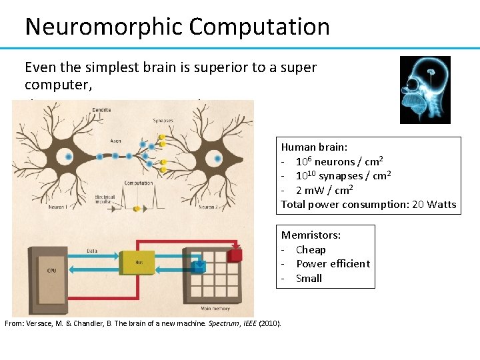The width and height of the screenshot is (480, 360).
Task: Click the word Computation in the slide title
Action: [259, 27]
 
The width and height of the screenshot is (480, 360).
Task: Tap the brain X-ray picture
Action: [425, 90]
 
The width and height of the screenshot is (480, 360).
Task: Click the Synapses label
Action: [164, 121]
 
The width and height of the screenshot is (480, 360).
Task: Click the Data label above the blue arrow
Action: [92, 251]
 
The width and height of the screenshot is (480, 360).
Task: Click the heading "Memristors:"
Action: [311, 235]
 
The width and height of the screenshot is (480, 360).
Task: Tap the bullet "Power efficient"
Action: [333, 263]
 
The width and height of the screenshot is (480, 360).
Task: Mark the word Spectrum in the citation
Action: [224, 323]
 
